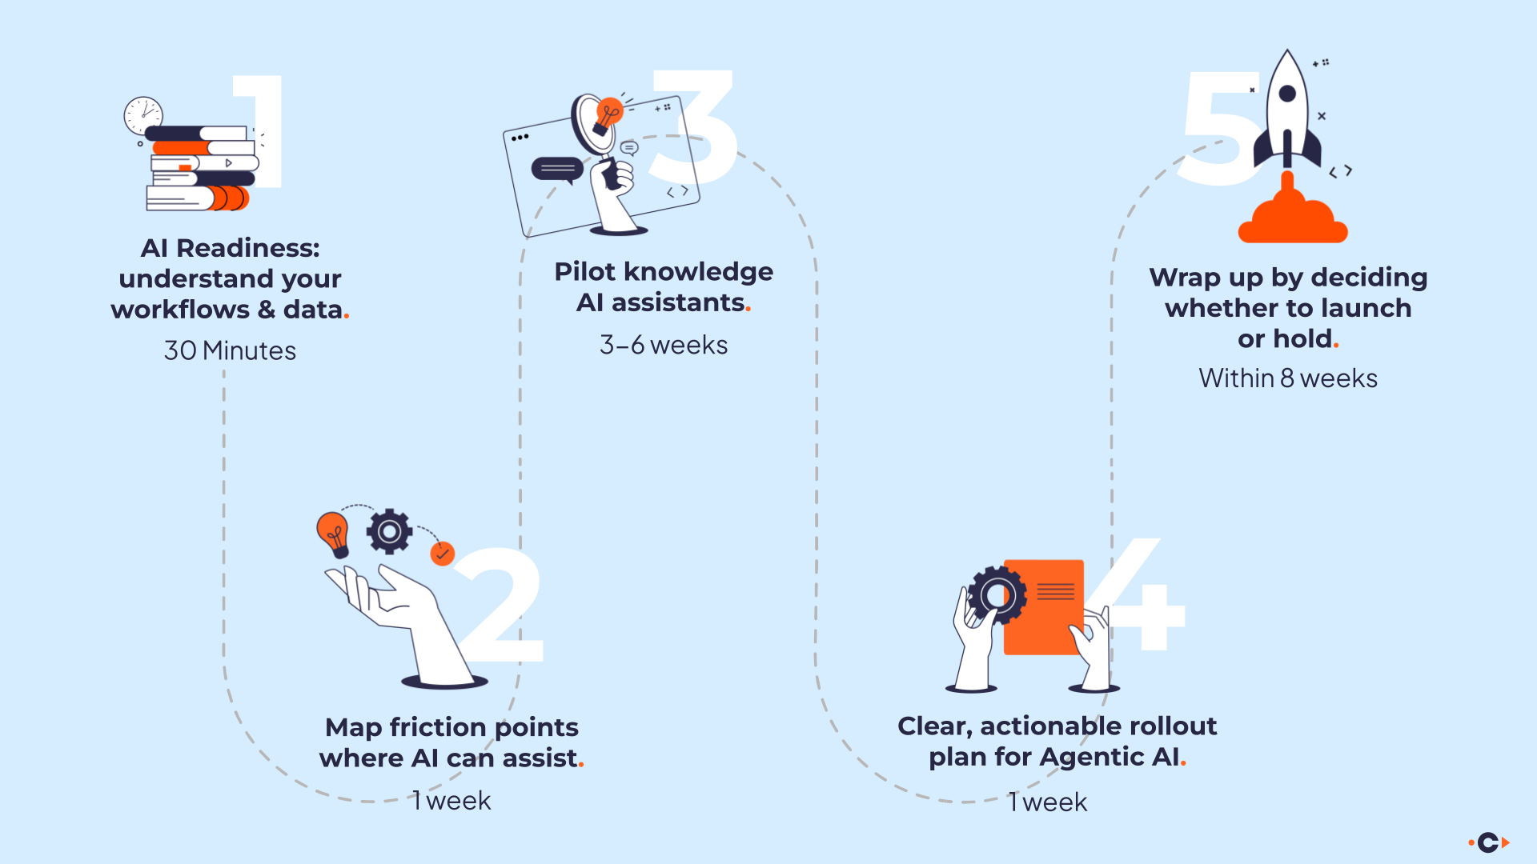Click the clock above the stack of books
click(143, 115)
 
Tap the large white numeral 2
click(500, 608)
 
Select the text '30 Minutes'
click(230, 350)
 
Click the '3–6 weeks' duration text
click(664, 345)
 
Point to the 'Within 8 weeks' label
click(1288, 378)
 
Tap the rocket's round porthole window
click(1287, 94)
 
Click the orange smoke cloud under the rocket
click(1292, 221)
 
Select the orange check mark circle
click(442, 554)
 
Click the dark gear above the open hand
click(389, 531)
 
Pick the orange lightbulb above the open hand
click(333, 531)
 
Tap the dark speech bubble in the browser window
click(557, 169)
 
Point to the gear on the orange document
click(997, 595)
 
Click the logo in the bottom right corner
click(1488, 842)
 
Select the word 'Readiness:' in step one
click(248, 248)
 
